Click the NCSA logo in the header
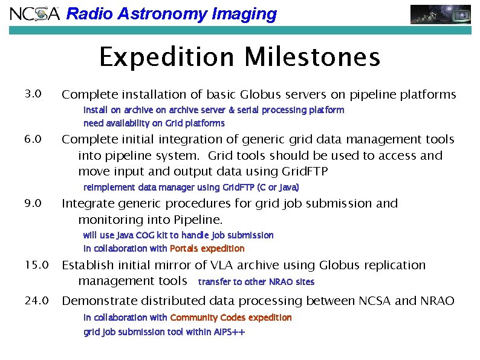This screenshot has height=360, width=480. tap(34, 13)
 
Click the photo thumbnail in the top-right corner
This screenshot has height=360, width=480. tap(440, 14)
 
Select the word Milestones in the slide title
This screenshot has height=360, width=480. tap(313, 58)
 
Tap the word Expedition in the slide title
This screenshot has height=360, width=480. tap(166, 58)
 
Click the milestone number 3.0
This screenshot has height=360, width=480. tap(33, 94)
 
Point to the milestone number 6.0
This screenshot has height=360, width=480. tap(33, 140)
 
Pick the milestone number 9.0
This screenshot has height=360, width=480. tap(33, 203)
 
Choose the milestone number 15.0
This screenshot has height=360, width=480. tap(36, 265)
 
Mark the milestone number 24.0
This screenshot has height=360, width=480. tap(36, 301)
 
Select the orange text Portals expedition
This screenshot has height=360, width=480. tap(207, 249)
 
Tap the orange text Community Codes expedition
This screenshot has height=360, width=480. tap(231, 318)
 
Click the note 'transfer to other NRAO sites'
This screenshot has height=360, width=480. tap(256, 282)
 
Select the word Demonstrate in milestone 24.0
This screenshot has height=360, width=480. tap(96, 301)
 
